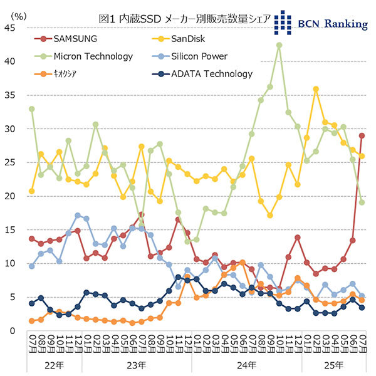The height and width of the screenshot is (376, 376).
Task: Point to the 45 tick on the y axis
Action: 11,28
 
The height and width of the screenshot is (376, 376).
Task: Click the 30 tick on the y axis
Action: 11,129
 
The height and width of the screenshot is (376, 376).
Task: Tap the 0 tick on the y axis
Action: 13,330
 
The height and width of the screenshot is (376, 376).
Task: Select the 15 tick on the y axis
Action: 11,230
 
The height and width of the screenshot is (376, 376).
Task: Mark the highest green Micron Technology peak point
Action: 279,45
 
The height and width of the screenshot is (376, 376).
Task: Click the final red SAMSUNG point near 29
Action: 362,136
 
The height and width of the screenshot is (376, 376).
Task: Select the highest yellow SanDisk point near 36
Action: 316,89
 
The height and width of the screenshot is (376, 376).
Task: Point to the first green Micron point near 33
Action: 31,109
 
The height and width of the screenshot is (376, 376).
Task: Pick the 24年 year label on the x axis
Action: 246,363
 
